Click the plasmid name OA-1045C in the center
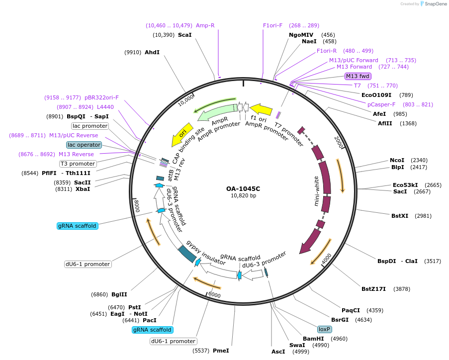(x=243, y=189)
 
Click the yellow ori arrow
(x=182, y=134)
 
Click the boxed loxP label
(x=325, y=329)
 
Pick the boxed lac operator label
(x=84, y=145)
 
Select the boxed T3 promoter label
(x=78, y=164)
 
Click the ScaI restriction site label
(x=184, y=35)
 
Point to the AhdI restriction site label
(x=152, y=52)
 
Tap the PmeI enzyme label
(x=221, y=351)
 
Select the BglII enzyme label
(x=119, y=294)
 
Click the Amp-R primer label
(x=205, y=25)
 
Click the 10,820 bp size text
(x=243, y=196)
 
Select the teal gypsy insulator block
(x=187, y=254)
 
